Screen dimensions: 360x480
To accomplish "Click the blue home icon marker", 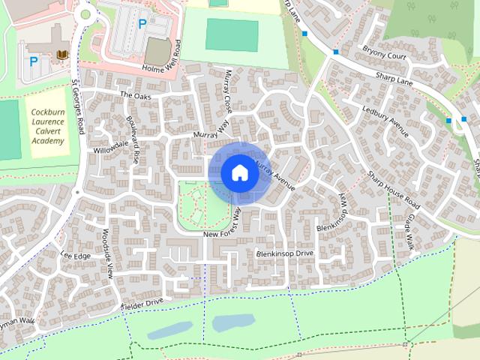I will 239,173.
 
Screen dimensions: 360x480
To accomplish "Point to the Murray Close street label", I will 228,91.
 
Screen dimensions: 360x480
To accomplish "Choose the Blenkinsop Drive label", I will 284,254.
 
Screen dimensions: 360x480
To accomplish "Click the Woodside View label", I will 107,253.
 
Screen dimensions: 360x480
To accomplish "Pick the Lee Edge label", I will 75,256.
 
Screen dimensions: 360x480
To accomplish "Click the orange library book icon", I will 62,55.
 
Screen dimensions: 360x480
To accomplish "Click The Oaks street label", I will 136,95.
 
